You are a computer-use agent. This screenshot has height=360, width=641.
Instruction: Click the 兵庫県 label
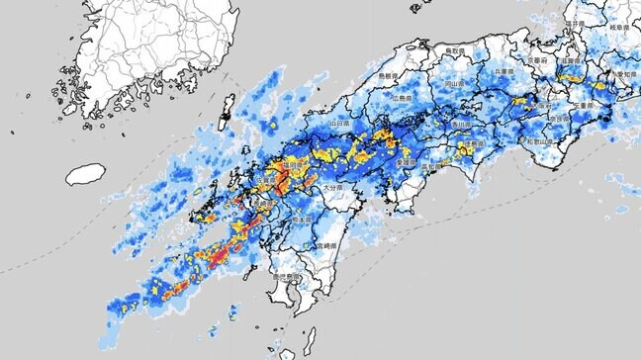coord(505,72)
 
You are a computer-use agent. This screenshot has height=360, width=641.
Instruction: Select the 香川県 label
coord(461,126)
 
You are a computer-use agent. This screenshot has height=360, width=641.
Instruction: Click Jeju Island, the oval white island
coord(87,174)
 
